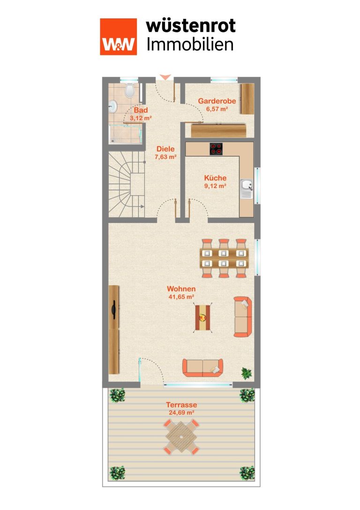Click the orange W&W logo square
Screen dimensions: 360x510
[118, 37]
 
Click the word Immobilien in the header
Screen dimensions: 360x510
[190, 45]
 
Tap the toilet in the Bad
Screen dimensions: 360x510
[130, 90]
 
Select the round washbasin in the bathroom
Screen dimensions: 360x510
[113, 106]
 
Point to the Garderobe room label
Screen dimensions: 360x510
[217, 101]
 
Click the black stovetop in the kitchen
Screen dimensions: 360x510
[216, 149]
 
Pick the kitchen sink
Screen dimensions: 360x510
[247, 189]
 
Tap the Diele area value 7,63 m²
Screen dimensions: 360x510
[166, 157]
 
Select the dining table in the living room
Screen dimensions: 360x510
[224, 258]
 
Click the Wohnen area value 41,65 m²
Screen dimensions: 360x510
[181, 297]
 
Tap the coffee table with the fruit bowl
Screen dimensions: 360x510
[203, 317]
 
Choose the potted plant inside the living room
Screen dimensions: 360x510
[247, 373]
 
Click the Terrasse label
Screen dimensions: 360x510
[181, 405]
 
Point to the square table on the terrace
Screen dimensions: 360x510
[181, 436]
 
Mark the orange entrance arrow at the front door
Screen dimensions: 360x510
[165, 77]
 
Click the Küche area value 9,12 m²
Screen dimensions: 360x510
[215, 186]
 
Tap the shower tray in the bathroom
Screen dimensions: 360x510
[125, 134]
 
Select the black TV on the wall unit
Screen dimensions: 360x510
[113, 309]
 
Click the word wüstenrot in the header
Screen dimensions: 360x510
[191, 26]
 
